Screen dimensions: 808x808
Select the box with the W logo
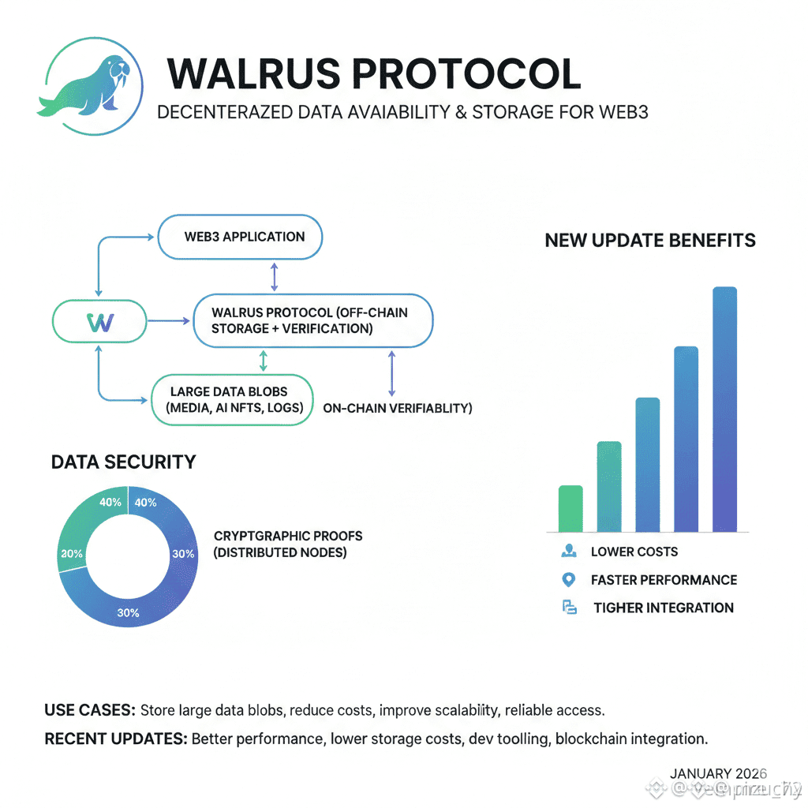click(x=100, y=322)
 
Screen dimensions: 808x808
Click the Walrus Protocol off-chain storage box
click(x=313, y=320)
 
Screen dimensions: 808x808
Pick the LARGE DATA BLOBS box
click(x=232, y=399)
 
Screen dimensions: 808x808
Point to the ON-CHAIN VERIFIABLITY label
click(x=398, y=409)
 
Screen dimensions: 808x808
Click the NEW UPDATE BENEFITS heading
click(x=650, y=241)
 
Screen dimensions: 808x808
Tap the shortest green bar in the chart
click(x=570, y=508)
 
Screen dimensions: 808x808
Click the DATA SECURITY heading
click(x=123, y=462)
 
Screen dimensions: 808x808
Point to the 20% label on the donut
click(x=71, y=554)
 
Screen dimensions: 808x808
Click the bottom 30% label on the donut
click(x=128, y=612)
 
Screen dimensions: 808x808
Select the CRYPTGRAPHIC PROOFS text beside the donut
click(x=288, y=536)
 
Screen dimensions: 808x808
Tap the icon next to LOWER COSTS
click(x=567, y=551)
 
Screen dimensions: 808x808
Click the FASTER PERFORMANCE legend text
click(x=664, y=580)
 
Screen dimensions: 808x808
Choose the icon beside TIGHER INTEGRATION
click(x=569, y=608)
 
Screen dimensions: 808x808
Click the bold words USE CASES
click(x=89, y=710)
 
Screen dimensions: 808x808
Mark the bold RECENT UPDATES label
click(x=116, y=739)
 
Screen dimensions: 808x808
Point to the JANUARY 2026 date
click(x=718, y=774)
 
